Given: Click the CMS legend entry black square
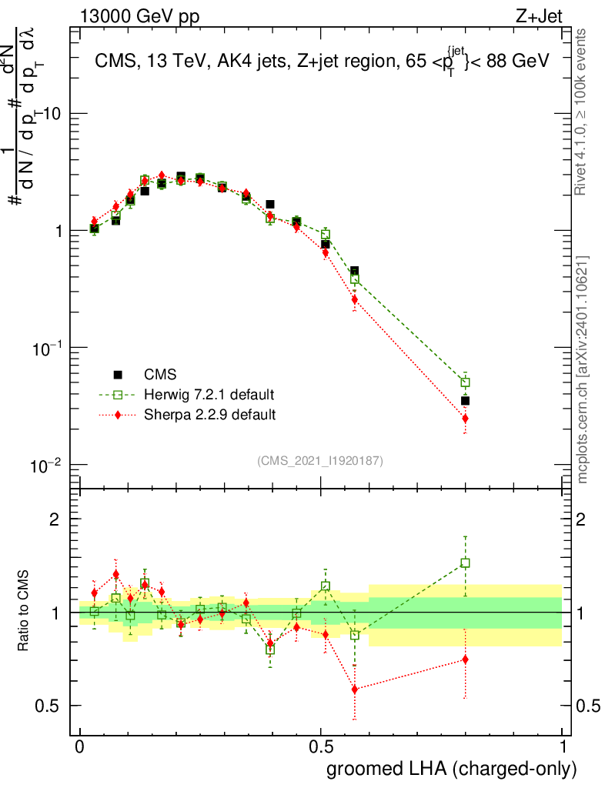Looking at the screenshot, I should [118, 375].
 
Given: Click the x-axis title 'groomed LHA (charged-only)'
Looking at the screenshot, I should [452, 769].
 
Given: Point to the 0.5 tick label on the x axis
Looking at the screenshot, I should [321, 747].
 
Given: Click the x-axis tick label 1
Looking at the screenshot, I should [562, 747].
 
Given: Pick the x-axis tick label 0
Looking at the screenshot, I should [79, 747].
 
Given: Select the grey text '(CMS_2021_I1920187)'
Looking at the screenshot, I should [320, 460].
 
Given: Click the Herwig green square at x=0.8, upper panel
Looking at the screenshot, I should [465, 382].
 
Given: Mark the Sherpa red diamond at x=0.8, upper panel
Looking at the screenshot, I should [465, 419].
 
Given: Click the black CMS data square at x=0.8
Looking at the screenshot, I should [465, 400].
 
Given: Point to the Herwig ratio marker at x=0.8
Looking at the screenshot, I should [465, 563].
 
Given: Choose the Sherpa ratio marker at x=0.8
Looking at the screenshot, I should [465, 659].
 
